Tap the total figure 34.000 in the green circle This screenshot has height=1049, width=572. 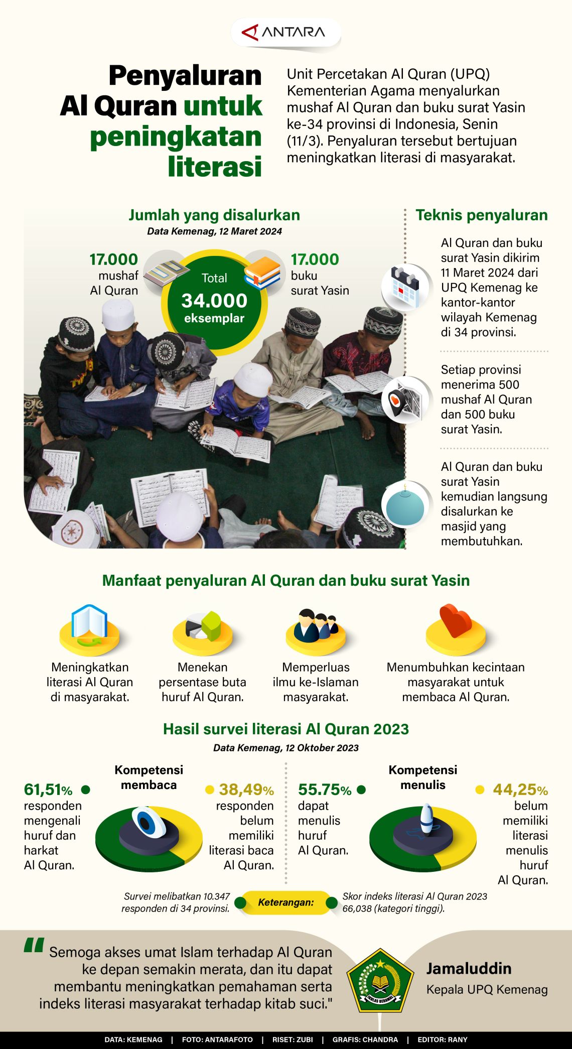tap(214, 300)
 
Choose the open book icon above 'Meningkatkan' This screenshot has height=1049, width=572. tap(89, 624)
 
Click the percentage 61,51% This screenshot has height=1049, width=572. tap(48, 790)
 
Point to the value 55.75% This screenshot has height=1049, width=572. tap(324, 790)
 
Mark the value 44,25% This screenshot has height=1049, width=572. tap(520, 790)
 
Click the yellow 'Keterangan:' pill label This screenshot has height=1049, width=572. tap(285, 902)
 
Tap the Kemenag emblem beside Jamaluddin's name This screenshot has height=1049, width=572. tap(380, 980)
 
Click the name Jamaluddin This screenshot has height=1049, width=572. tap(469, 968)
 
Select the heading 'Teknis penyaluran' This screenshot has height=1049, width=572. tap(481, 215)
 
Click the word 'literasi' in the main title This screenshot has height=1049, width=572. tap(215, 166)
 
